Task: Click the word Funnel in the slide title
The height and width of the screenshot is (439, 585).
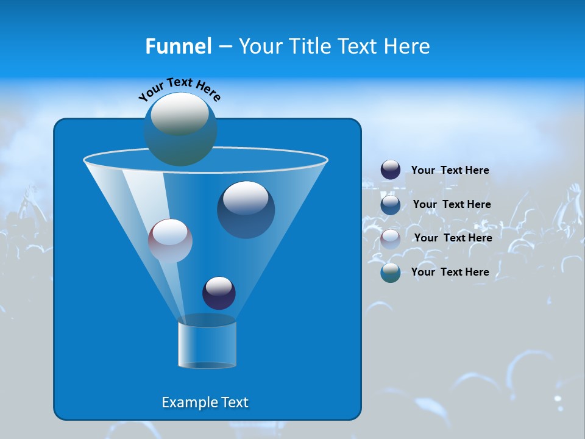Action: coord(178,46)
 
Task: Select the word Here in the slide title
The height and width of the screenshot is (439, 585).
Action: coord(406,46)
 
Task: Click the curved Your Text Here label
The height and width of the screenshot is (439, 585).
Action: coord(180,88)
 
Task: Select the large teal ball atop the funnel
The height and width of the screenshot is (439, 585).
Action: coord(180,129)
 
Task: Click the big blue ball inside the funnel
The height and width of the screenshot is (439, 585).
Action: coord(246,209)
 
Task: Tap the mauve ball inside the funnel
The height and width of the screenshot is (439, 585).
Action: coord(170,240)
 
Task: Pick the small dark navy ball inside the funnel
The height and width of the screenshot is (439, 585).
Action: coord(219,293)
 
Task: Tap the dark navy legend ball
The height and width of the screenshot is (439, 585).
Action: coord(391,170)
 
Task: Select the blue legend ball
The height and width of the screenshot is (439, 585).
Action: coord(391,204)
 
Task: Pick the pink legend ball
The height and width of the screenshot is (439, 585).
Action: coord(391,238)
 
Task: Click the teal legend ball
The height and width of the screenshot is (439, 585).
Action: coord(391,273)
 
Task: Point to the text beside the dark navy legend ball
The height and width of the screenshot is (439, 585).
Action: coord(450,170)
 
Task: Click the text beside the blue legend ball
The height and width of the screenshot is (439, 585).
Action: coord(452,204)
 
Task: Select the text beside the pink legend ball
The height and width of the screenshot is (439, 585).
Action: coord(453,238)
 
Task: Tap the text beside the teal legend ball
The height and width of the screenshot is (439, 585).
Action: coord(450,272)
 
